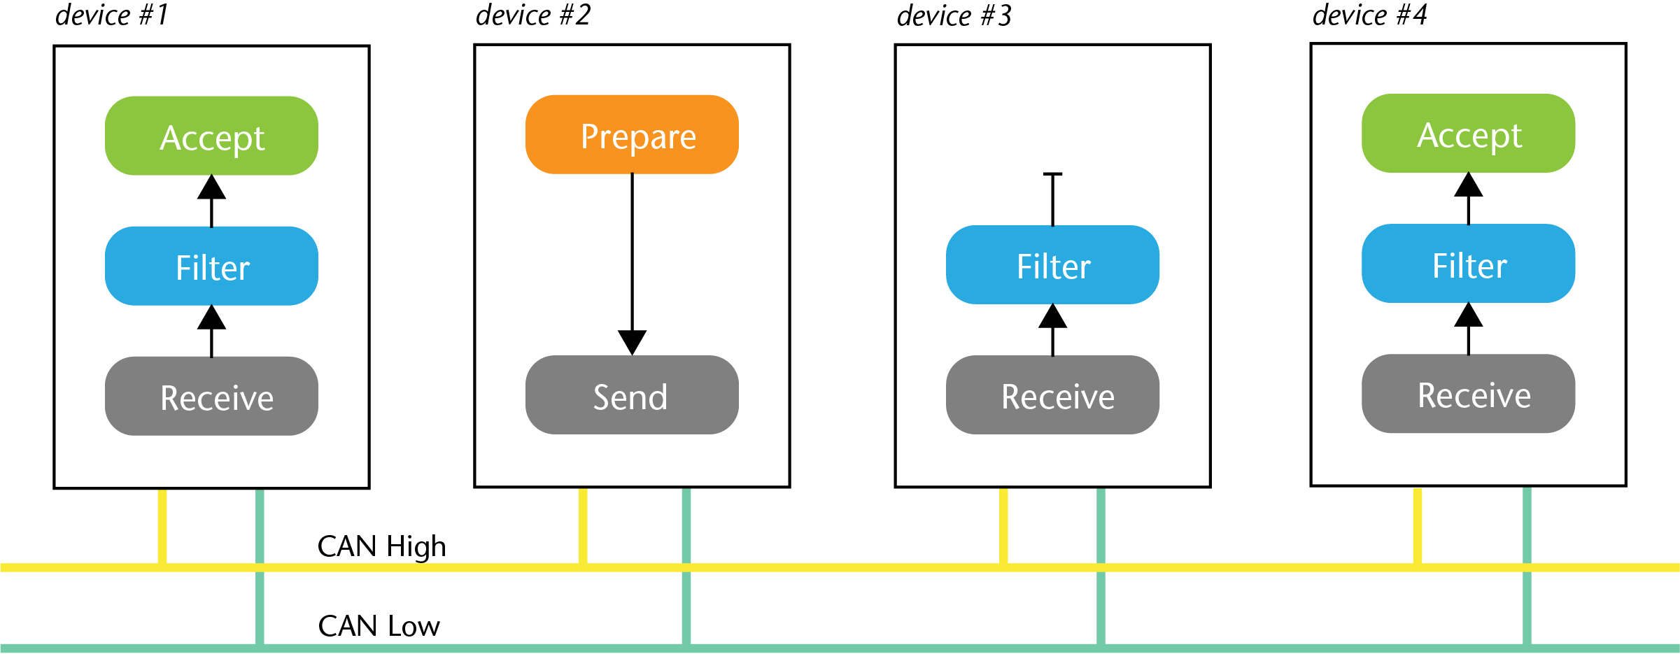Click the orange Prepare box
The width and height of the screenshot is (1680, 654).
(x=632, y=134)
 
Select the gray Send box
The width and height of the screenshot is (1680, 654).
(x=632, y=395)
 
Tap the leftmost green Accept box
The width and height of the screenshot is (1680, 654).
(x=211, y=136)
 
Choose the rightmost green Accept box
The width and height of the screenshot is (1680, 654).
(x=1468, y=134)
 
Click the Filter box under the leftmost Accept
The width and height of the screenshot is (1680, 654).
(x=211, y=266)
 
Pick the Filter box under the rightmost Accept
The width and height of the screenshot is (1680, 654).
(x=1468, y=264)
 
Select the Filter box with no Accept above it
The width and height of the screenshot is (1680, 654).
(x=1052, y=265)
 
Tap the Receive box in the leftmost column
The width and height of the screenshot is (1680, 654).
(x=211, y=396)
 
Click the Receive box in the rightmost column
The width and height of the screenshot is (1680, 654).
(x=1468, y=394)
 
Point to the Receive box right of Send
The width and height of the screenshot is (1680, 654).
(x=1052, y=395)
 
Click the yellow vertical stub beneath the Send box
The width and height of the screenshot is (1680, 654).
(x=583, y=525)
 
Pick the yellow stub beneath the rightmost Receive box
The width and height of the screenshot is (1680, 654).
(x=1418, y=525)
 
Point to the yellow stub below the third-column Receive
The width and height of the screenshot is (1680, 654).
(x=1003, y=525)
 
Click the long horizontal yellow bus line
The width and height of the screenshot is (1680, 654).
(x=840, y=567)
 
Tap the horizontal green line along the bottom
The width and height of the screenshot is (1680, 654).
(x=840, y=648)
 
